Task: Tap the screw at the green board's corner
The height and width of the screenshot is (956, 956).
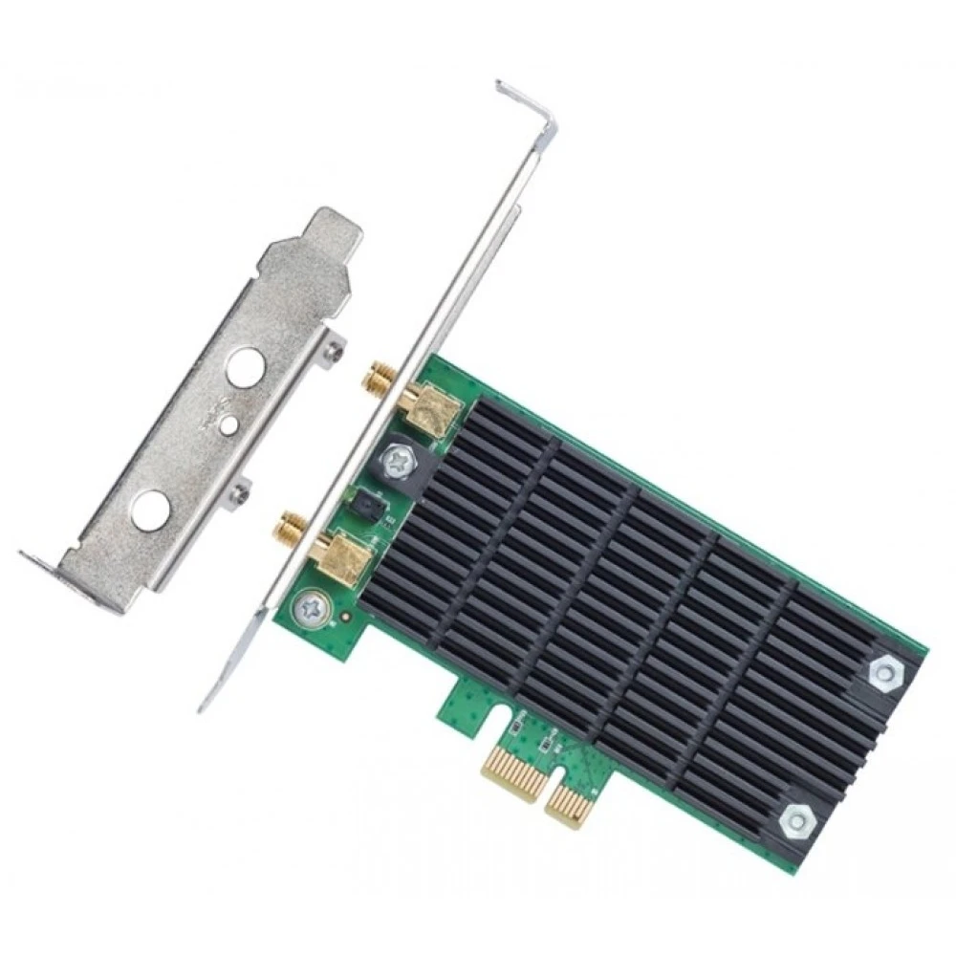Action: (311, 606)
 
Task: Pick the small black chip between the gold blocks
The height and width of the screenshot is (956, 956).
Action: (366, 502)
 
